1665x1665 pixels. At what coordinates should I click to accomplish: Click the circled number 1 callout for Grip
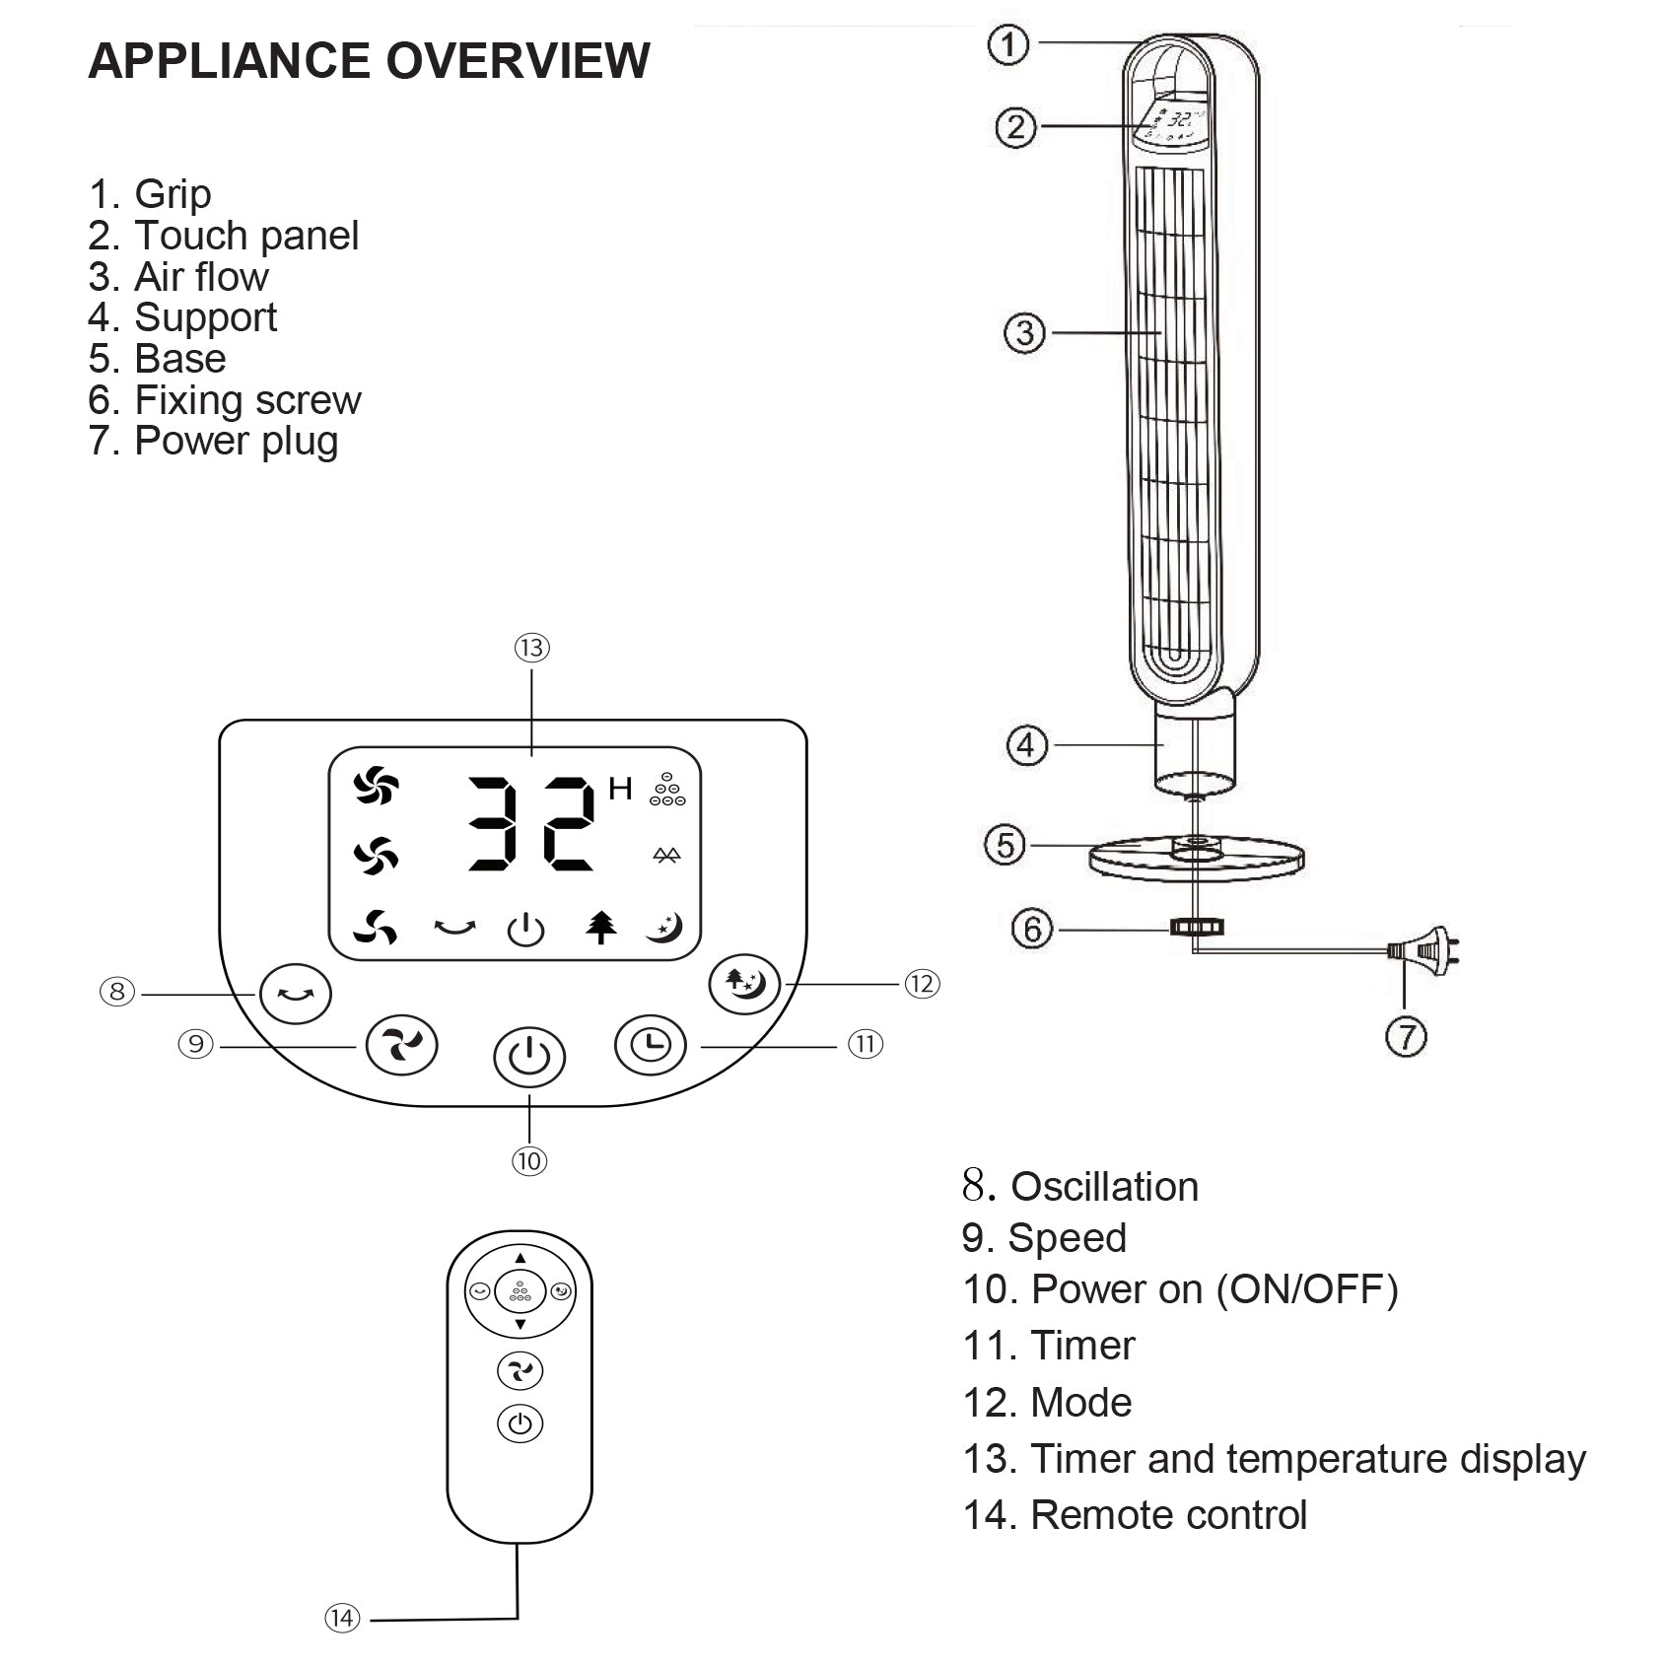tap(1007, 44)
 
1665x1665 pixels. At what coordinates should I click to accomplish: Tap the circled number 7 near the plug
tap(1407, 1036)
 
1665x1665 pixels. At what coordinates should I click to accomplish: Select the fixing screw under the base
tap(1196, 927)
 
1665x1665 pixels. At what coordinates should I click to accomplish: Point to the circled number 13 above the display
tap(531, 648)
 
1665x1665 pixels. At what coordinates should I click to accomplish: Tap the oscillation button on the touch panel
tap(296, 994)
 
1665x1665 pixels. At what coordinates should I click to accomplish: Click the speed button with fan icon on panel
tap(401, 1045)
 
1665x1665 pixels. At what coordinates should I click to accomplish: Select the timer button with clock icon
tap(651, 1044)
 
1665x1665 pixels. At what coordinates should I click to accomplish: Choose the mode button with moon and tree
tap(745, 984)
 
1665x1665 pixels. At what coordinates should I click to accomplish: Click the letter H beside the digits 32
tap(620, 789)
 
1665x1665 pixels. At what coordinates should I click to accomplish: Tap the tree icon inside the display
tap(601, 927)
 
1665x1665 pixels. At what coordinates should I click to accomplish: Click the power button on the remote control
tap(520, 1423)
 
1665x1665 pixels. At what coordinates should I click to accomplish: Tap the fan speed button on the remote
tap(520, 1370)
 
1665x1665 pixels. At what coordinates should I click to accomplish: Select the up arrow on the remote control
tap(520, 1258)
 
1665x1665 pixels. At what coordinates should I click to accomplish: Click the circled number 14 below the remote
tap(342, 1618)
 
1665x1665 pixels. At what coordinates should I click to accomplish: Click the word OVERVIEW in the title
tap(518, 61)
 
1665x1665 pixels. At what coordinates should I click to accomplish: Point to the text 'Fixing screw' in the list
tap(247, 400)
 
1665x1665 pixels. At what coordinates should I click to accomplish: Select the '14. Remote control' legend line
tap(1135, 1514)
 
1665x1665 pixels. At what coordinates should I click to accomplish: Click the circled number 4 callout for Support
tap(1025, 745)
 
